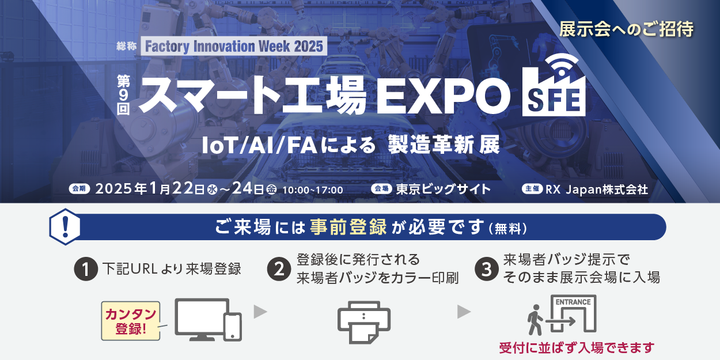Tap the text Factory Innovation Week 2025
(234, 46)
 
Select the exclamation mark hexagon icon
(65, 227)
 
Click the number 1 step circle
(86, 269)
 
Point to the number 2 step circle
(279, 269)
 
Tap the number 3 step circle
(487, 269)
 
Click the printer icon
(364, 323)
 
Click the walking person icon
(535, 320)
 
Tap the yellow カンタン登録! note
(131, 321)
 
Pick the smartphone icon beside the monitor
(233, 327)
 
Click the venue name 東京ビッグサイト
(444, 190)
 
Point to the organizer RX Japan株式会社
(597, 190)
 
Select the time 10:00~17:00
(312, 190)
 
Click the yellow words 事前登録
(348, 227)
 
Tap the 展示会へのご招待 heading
(627, 29)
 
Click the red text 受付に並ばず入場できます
(577, 348)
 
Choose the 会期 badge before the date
(79, 189)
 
